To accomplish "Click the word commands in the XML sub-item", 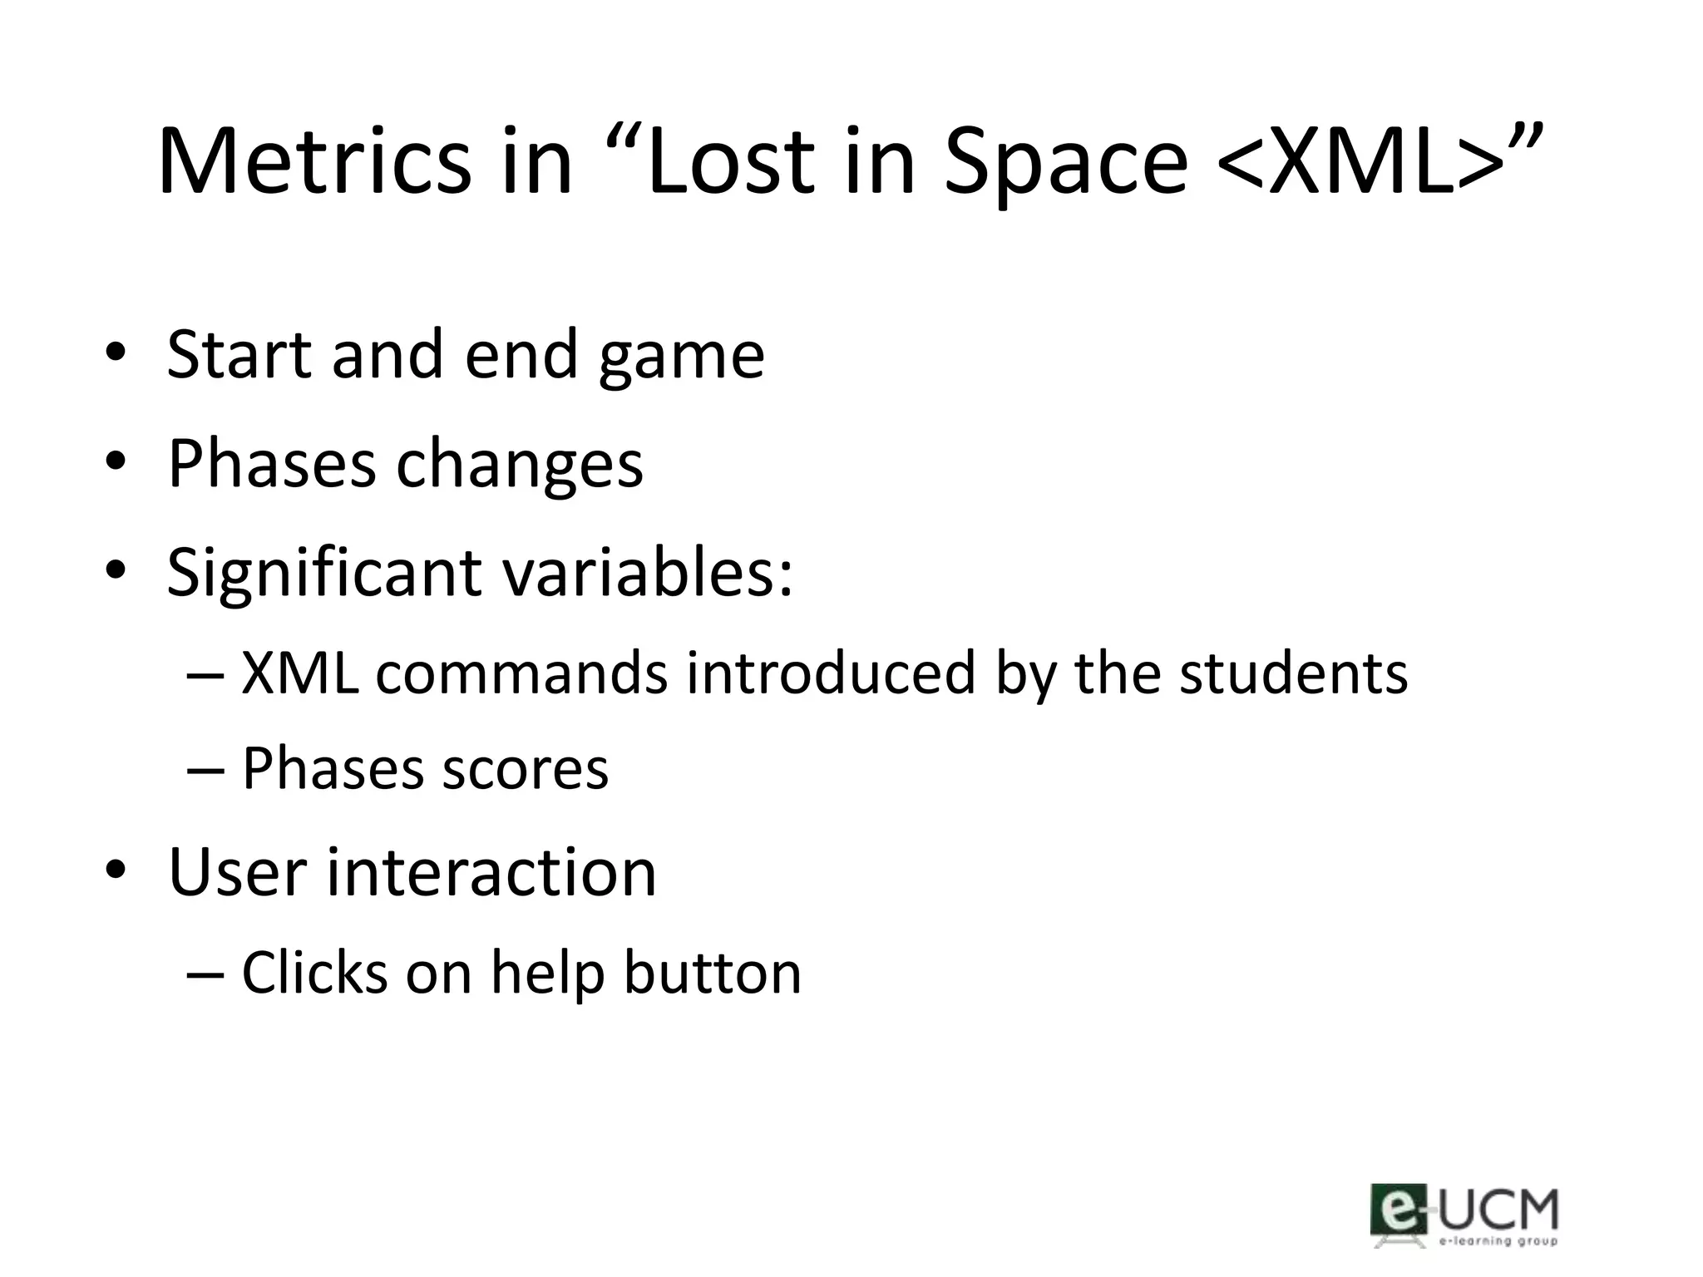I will (x=521, y=673).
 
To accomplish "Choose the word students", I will (x=1294, y=673).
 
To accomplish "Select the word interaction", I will (x=491, y=873).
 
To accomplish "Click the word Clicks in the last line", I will (x=314, y=972).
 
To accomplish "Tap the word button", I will (x=713, y=972).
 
